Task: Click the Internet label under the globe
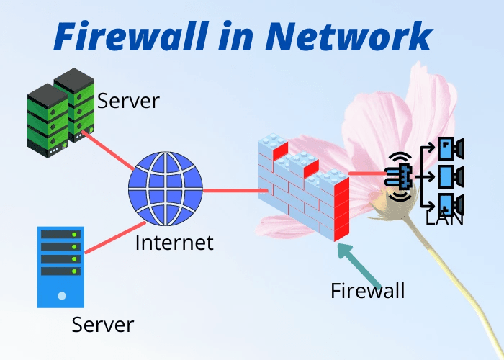pos(174,242)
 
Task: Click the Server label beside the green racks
pos(128,100)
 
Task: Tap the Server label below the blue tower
pos(102,324)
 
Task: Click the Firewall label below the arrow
pos(367,290)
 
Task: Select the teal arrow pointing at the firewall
pos(357,263)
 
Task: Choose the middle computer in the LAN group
pos(450,176)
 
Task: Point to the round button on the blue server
pos(62,295)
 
